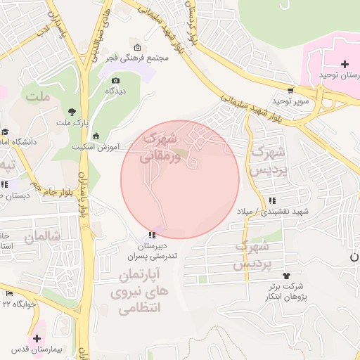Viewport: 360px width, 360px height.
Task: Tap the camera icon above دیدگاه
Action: coord(115,80)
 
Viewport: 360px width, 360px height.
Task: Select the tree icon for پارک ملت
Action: coord(72,111)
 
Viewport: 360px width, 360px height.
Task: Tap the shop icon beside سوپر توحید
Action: coord(290,91)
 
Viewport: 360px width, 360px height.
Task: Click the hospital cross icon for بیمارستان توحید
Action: coord(344,65)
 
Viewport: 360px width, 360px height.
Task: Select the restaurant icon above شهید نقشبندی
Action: coord(271,200)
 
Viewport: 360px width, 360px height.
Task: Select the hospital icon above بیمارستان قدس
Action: coord(37,338)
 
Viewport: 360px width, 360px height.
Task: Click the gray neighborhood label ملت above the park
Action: coord(37,95)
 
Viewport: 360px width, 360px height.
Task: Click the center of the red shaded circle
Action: coord(180,180)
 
